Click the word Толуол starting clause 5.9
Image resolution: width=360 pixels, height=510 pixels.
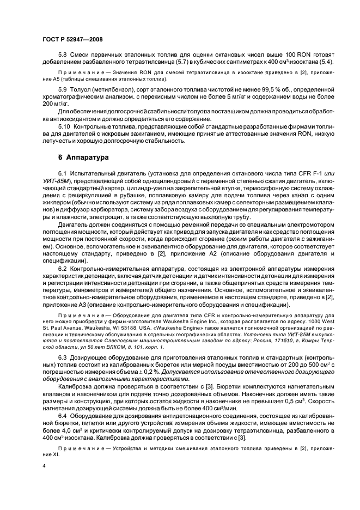coord(82,88)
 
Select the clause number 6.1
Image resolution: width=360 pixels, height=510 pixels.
coord(63,173)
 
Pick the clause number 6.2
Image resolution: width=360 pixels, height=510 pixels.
coord(63,269)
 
